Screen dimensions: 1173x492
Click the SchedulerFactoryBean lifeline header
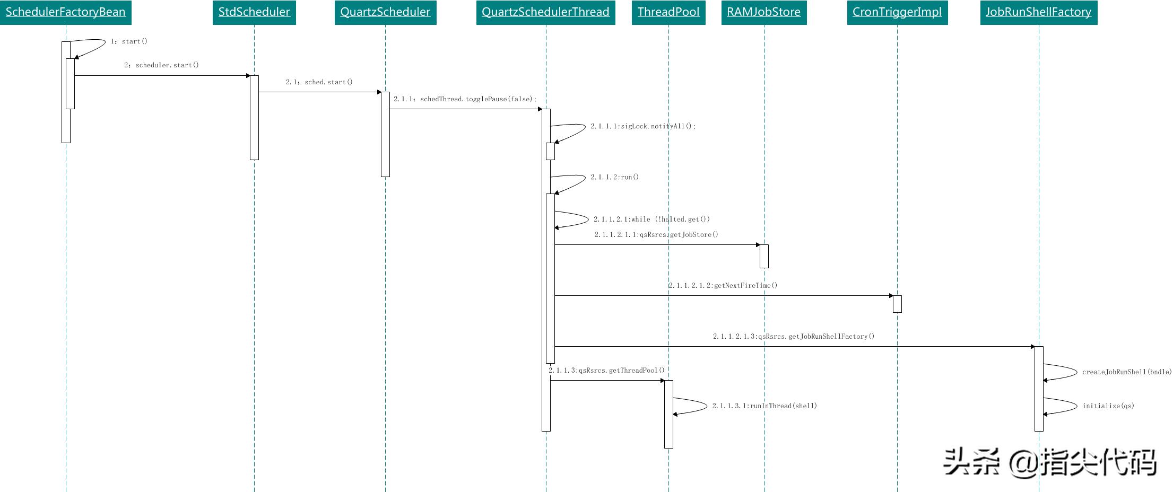66,12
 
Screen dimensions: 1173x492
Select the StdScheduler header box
254,12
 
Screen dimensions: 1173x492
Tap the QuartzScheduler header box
385,12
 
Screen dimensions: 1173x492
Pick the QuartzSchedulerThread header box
545,12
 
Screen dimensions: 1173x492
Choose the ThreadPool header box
668,12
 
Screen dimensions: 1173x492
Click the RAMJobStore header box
764,12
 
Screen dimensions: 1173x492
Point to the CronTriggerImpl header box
897,12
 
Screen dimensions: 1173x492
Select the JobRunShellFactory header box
1039,12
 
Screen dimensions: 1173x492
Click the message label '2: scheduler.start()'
161,65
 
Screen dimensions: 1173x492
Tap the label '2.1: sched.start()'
319,82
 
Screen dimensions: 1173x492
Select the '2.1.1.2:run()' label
615,177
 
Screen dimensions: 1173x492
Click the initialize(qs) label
1108,406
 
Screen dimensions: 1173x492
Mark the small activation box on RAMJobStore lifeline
764,256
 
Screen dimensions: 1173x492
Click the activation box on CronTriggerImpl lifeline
897,304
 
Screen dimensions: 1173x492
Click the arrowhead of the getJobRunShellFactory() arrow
1032,347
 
